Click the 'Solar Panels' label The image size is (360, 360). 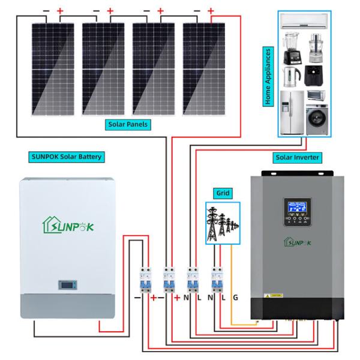[x=128, y=125]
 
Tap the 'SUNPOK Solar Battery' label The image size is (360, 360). [x=66, y=157]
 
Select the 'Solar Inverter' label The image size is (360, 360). [x=297, y=157]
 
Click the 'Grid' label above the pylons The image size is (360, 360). [x=223, y=193]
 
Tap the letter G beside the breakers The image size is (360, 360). [x=235, y=296]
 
